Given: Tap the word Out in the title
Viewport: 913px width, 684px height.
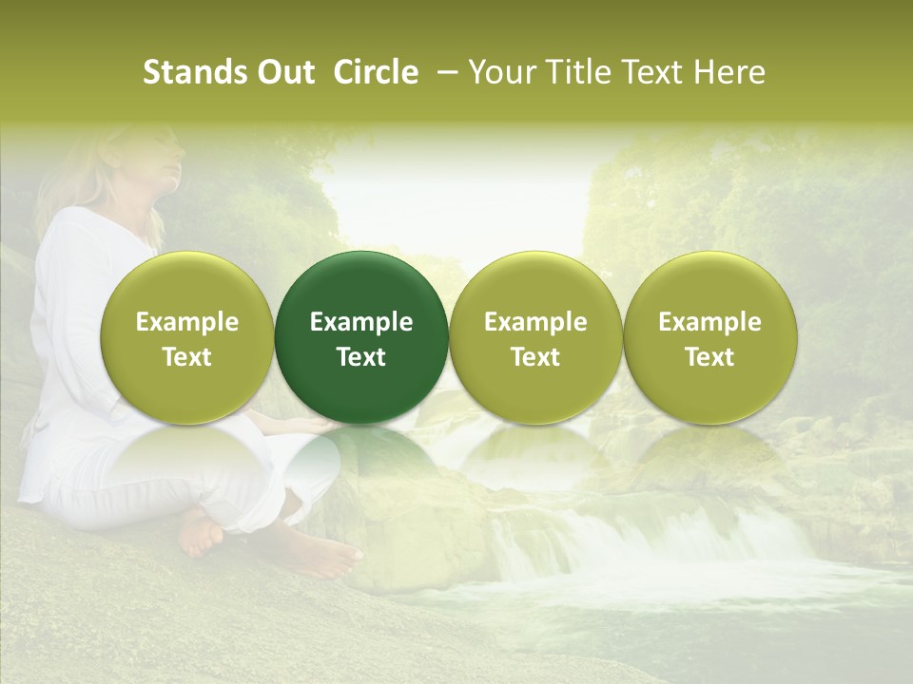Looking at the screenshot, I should [x=282, y=73].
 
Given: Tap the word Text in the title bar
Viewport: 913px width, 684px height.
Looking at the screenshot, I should [x=654, y=73].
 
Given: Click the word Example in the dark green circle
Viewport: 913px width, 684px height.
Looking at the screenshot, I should [x=361, y=322].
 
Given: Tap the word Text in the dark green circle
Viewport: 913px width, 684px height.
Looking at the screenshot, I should [x=361, y=357].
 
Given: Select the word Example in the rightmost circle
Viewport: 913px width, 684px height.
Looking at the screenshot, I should [x=710, y=322].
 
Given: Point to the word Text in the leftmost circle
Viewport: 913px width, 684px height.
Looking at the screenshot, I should [x=186, y=357].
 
